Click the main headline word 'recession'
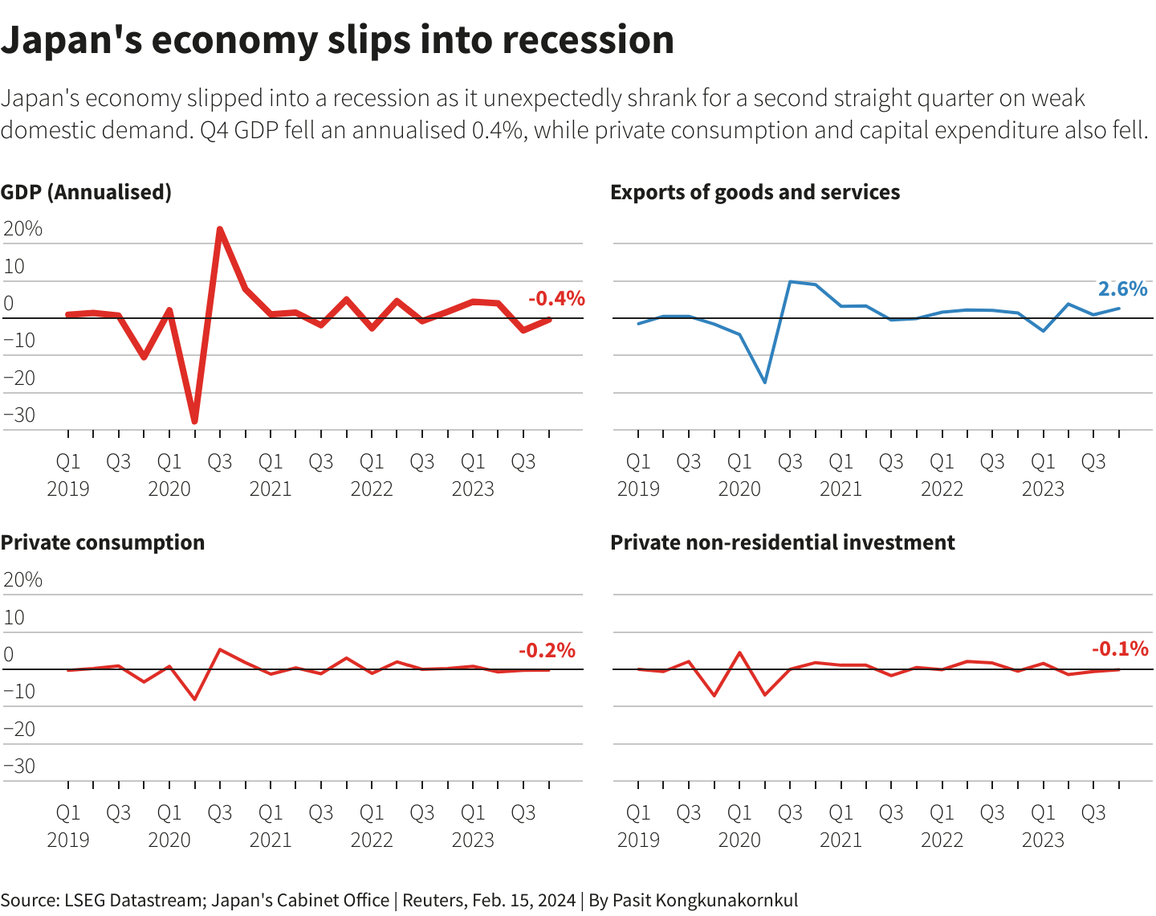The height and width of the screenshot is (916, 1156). (588, 40)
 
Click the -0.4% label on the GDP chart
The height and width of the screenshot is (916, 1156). (556, 299)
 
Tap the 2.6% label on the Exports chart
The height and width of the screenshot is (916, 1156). (1122, 288)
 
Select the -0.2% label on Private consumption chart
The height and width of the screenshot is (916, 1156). (547, 650)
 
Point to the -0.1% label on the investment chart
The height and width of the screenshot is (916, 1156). (1119, 648)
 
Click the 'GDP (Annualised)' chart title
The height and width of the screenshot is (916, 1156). (86, 192)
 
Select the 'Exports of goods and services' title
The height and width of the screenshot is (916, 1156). (755, 192)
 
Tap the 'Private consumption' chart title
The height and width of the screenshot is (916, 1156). (103, 542)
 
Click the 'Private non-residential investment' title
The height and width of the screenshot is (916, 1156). (782, 542)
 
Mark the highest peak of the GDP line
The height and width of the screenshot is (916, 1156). (220, 230)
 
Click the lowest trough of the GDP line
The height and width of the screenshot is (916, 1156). (194, 421)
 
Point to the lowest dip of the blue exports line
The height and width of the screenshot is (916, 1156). (765, 382)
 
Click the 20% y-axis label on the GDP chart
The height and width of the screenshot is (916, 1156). (23, 229)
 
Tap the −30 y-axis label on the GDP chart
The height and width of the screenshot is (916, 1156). (20, 415)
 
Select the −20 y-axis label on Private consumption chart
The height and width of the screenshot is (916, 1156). (20, 729)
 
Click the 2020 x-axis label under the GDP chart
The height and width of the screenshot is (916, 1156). (169, 489)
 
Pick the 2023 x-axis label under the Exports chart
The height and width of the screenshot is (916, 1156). (1043, 489)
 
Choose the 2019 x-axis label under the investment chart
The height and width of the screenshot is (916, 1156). (638, 840)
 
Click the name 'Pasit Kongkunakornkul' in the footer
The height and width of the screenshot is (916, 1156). (705, 900)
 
